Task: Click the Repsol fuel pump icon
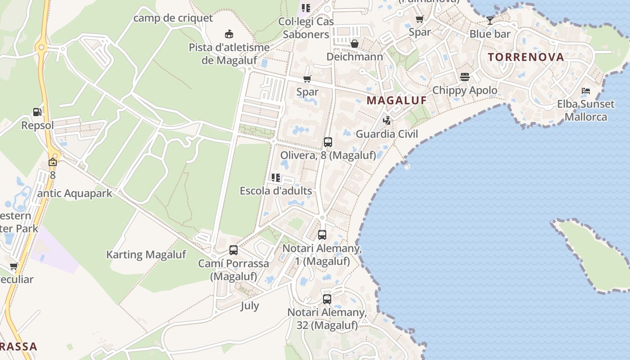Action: [x=37, y=112]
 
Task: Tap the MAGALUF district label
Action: [x=396, y=100]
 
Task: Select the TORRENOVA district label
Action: [x=526, y=57]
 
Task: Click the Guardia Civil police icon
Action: [x=387, y=121]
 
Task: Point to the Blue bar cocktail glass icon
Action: [x=490, y=20]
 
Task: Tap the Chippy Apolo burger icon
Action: [x=465, y=77]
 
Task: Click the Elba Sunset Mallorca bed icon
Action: [x=585, y=91]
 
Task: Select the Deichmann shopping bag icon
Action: [x=355, y=44]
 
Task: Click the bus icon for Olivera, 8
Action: [x=328, y=142]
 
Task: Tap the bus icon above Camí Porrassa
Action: [x=233, y=250]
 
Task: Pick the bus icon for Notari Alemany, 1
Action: [x=322, y=235]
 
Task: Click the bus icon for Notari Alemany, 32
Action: [x=327, y=299]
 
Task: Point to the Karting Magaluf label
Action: [x=146, y=255]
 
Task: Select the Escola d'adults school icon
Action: [x=276, y=178]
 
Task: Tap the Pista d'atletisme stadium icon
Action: [x=229, y=34]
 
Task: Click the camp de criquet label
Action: [x=173, y=18]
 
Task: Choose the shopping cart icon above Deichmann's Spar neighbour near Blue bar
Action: [x=420, y=19]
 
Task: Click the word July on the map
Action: [x=250, y=306]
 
